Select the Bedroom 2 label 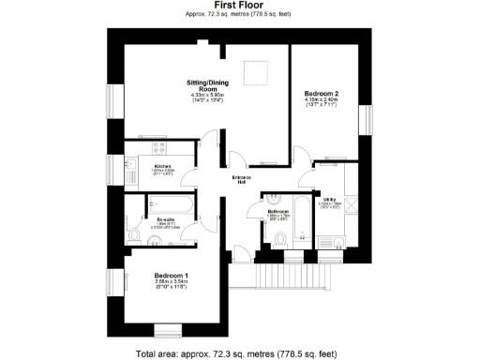click(x=322, y=94)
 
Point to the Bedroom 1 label click(x=171, y=275)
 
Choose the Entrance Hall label click(x=241, y=179)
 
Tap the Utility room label click(x=330, y=199)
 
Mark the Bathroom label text click(x=277, y=212)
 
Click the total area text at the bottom click(x=235, y=353)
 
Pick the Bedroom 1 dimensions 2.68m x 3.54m click(x=171, y=282)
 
